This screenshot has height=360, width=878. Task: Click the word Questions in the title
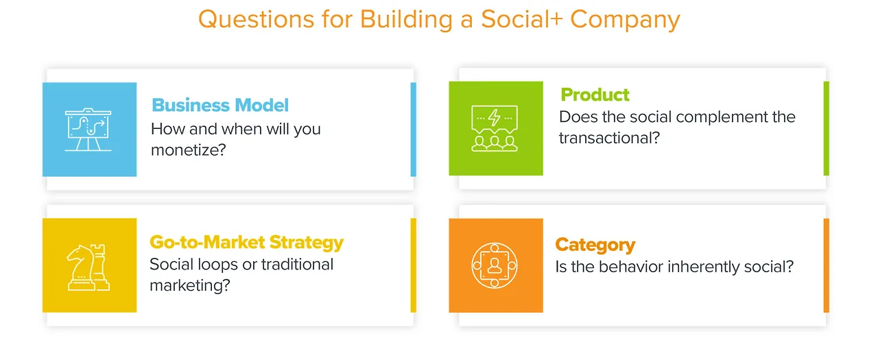click(x=257, y=19)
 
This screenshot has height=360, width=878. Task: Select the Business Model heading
click(x=220, y=105)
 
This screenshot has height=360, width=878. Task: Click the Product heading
click(x=595, y=95)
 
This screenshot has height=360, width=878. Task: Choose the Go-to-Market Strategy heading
click(x=246, y=243)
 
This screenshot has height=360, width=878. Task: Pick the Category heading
click(x=595, y=245)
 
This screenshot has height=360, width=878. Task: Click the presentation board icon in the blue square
click(x=88, y=130)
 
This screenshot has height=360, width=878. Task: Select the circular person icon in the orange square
click(x=495, y=265)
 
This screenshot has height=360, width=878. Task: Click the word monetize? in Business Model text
click(x=189, y=150)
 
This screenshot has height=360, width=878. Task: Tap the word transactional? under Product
click(x=610, y=138)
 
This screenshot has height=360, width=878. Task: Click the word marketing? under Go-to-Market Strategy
click(x=190, y=285)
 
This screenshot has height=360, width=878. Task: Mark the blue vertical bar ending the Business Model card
click(x=413, y=130)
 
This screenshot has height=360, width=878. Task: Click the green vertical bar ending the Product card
click(x=827, y=128)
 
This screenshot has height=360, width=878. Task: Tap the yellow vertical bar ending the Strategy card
click(x=413, y=265)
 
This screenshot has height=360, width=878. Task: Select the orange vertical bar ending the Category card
click(x=827, y=265)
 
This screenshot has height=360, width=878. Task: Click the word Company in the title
click(x=625, y=20)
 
